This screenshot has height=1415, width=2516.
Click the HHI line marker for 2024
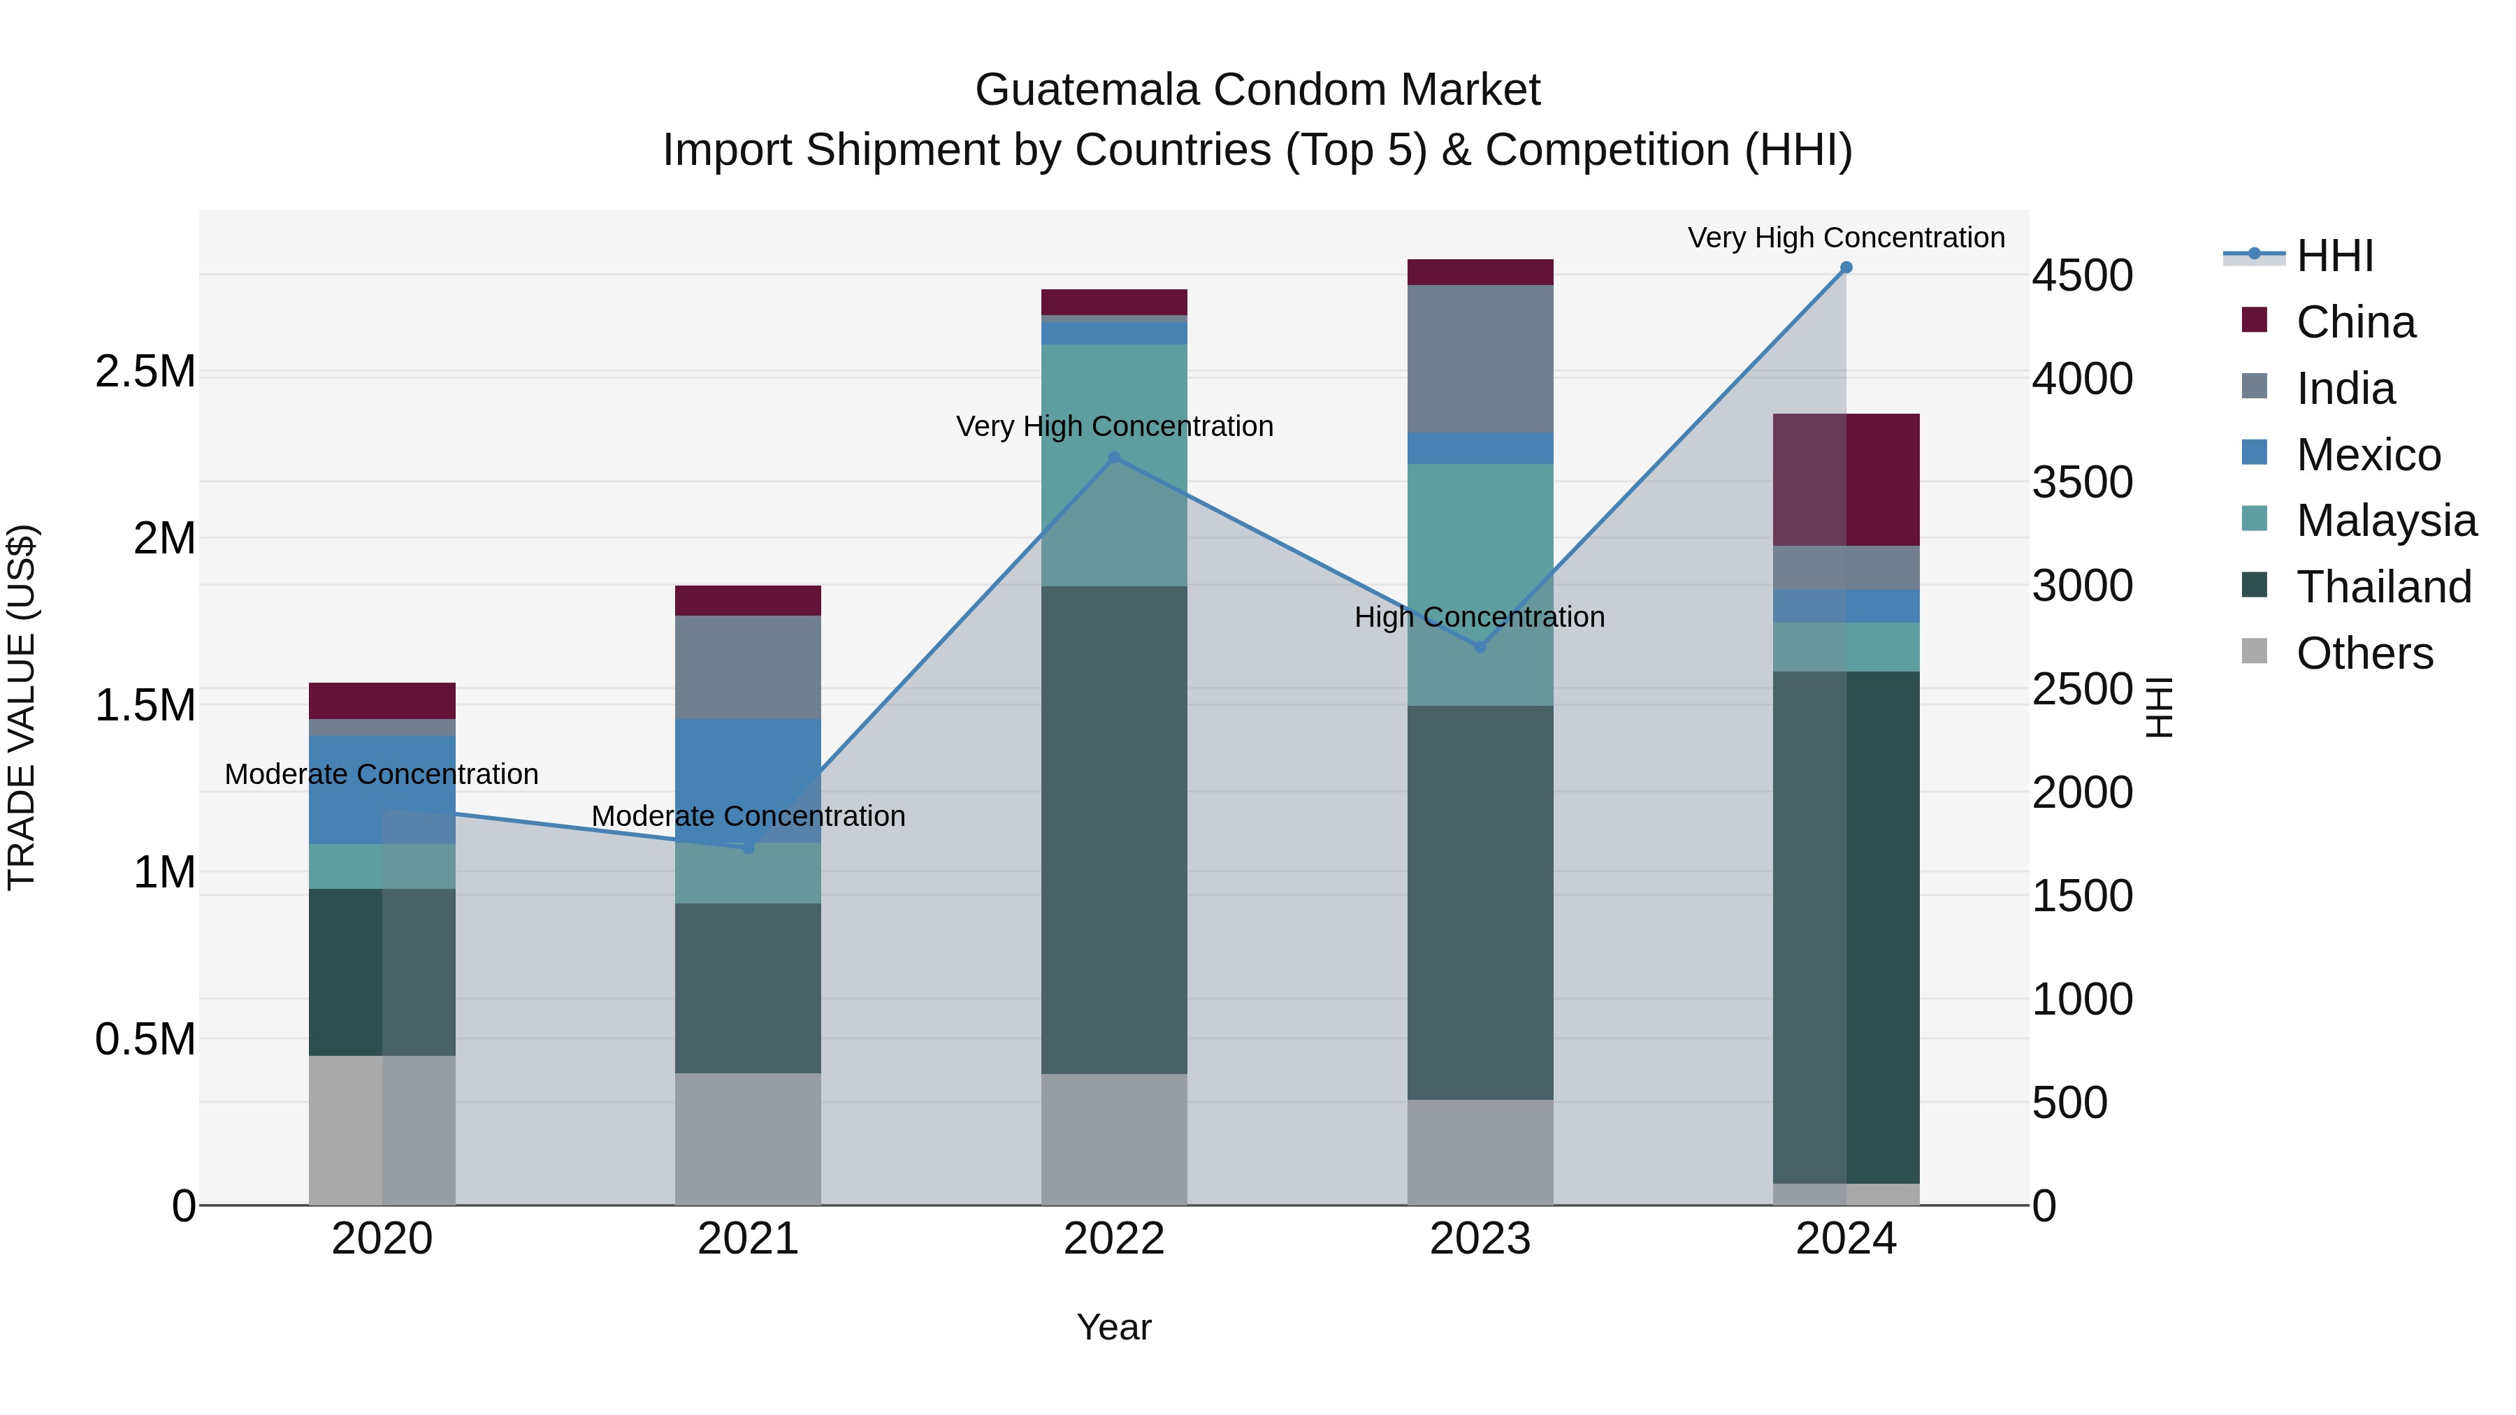click(x=1845, y=268)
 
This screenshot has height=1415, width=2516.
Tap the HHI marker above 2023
click(x=1480, y=646)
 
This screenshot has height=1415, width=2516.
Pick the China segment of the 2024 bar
click(x=1846, y=479)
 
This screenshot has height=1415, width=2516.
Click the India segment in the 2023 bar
click(x=1480, y=358)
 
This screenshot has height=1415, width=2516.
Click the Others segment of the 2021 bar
click(x=747, y=1139)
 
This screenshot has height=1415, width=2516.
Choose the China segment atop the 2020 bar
click(x=382, y=700)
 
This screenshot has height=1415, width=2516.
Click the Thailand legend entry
click(x=2383, y=587)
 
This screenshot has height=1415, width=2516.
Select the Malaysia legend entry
click(x=2385, y=521)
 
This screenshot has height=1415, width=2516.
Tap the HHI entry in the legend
click(x=2334, y=256)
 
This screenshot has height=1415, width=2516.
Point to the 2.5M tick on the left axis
click(x=145, y=372)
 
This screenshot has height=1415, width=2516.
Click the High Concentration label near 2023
click(x=1479, y=617)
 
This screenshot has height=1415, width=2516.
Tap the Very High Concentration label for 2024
click(x=1845, y=238)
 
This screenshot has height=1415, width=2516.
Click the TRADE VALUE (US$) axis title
click(x=22, y=707)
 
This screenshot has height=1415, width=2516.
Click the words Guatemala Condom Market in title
click(x=1257, y=90)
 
